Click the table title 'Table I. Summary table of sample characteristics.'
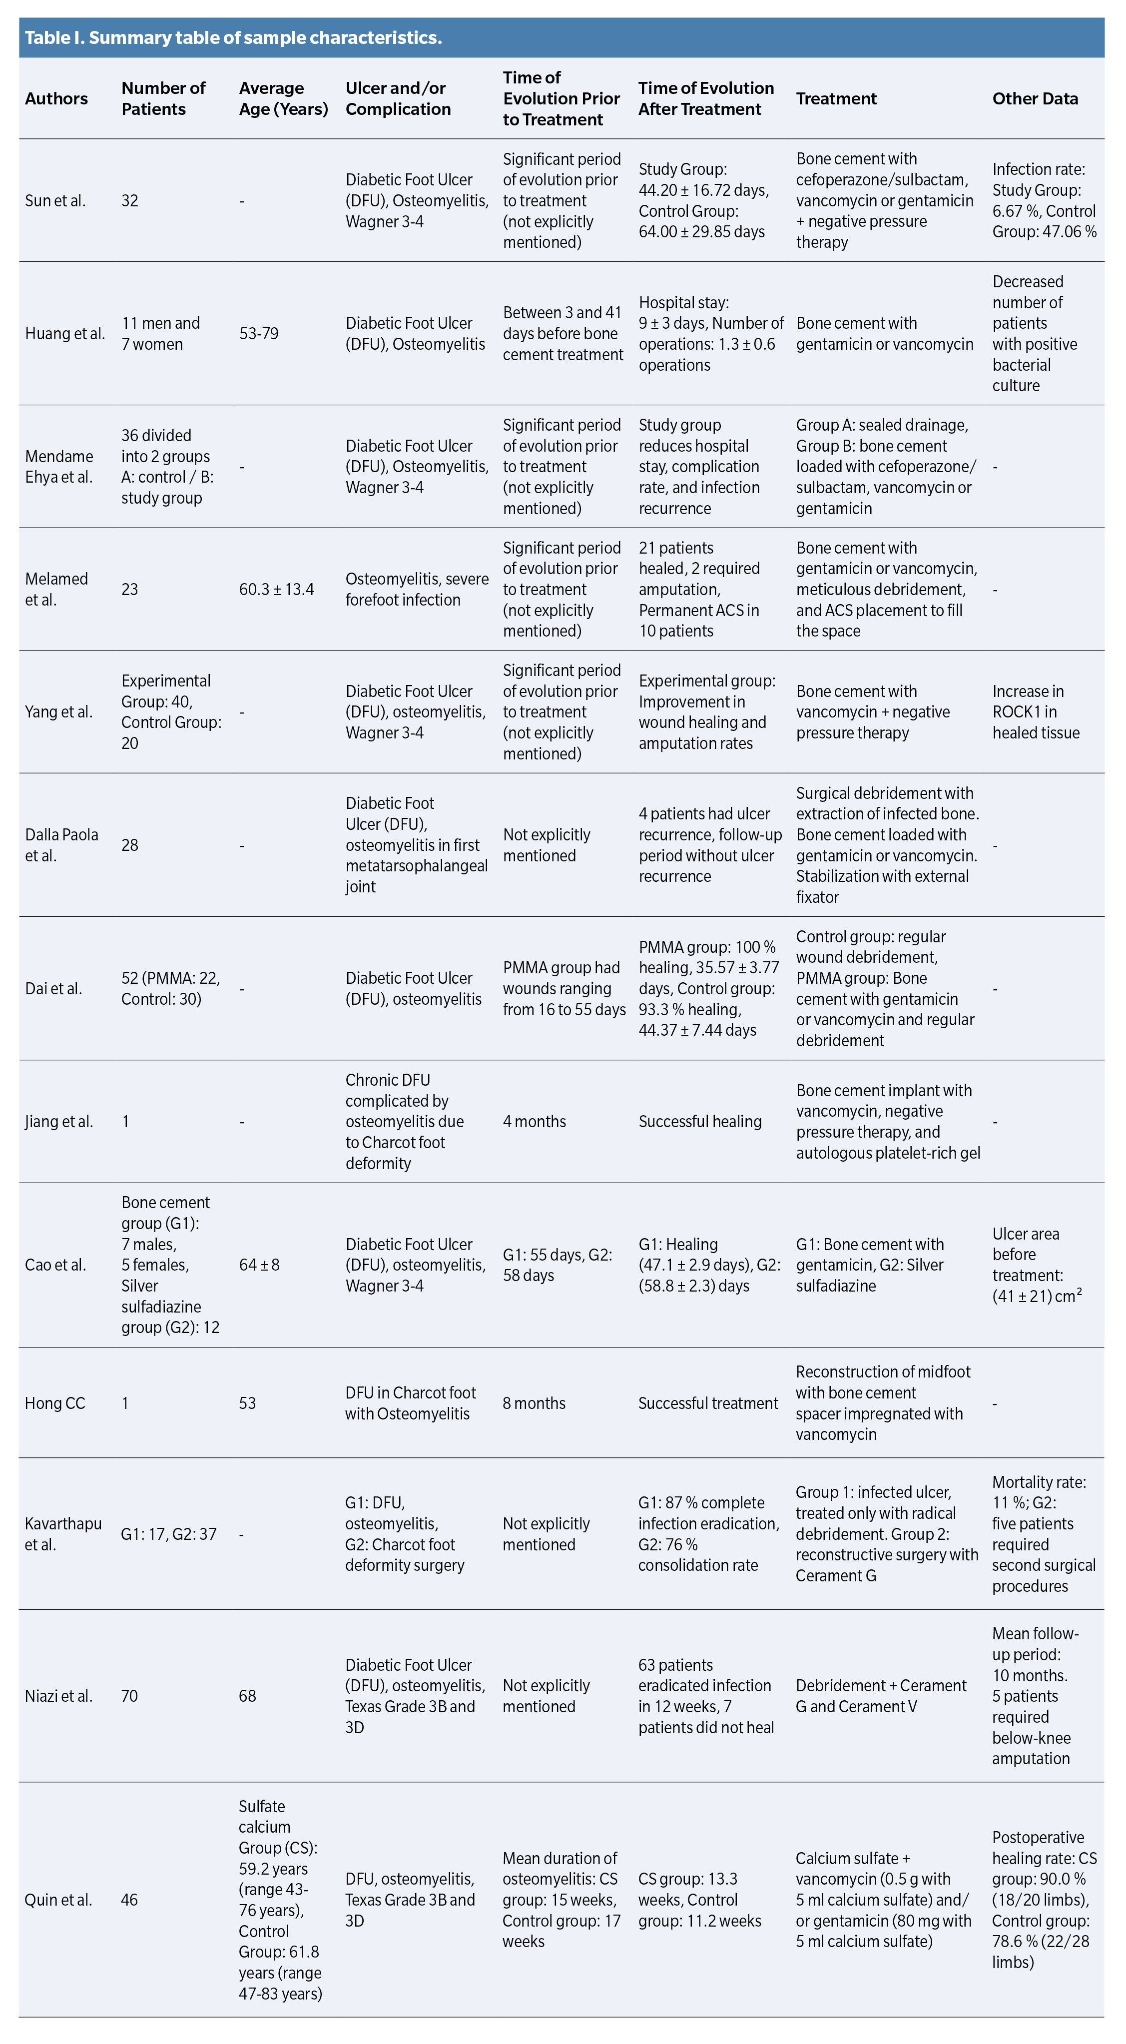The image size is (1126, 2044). pyautogui.click(x=233, y=38)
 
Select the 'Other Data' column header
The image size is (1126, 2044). pyautogui.click(x=1034, y=98)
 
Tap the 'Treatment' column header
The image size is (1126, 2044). pyautogui.click(x=836, y=98)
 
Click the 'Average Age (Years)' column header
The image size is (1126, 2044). pyautogui.click(x=283, y=98)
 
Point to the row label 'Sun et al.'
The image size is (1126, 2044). pyautogui.click(x=55, y=201)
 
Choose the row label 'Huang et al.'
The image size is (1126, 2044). pyautogui.click(x=64, y=333)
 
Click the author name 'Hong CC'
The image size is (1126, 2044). pyautogui.click(x=55, y=1403)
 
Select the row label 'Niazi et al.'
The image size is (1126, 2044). pyautogui.click(x=59, y=1696)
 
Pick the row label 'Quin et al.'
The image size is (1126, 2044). pyautogui.click(x=58, y=1900)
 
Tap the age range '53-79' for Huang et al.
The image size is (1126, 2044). pyautogui.click(x=259, y=333)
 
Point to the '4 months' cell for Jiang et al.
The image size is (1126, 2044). pyautogui.click(x=534, y=1121)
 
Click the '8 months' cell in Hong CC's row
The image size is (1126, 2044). pyautogui.click(x=534, y=1403)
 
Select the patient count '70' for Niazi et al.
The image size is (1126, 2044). pyautogui.click(x=129, y=1696)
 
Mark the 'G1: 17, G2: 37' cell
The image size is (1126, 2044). pyautogui.click(x=168, y=1534)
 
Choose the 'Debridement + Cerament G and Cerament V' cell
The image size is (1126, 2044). pyautogui.click(x=881, y=1696)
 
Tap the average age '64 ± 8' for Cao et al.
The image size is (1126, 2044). pyautogui.click(x=259, y=1265)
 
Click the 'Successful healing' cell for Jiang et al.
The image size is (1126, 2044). pyautogui.click(x=700, y=1121)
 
